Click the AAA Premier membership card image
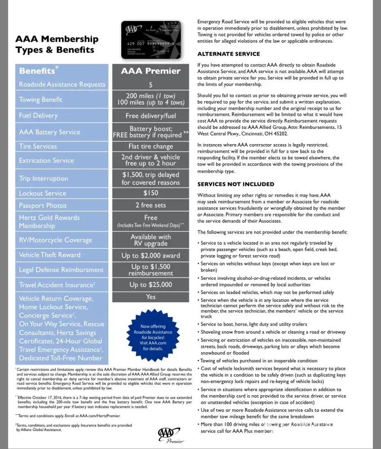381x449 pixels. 151,41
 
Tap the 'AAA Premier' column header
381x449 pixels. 151,71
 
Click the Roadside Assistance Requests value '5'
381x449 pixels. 151,84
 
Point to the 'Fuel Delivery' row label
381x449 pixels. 38,115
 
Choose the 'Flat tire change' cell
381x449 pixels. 151,146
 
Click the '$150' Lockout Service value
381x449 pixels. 151,193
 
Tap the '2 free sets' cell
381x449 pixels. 151,205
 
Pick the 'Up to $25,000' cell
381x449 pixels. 151,285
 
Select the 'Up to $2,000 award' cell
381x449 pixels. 151,255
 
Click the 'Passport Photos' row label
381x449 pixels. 43,205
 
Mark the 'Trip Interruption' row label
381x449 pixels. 44,178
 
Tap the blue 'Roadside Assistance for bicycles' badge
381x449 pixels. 150,337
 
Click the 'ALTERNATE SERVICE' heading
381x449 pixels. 229,54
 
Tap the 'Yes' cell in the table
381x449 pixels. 151,297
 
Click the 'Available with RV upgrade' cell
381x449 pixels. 151,240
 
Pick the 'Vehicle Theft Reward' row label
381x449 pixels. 50,255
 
